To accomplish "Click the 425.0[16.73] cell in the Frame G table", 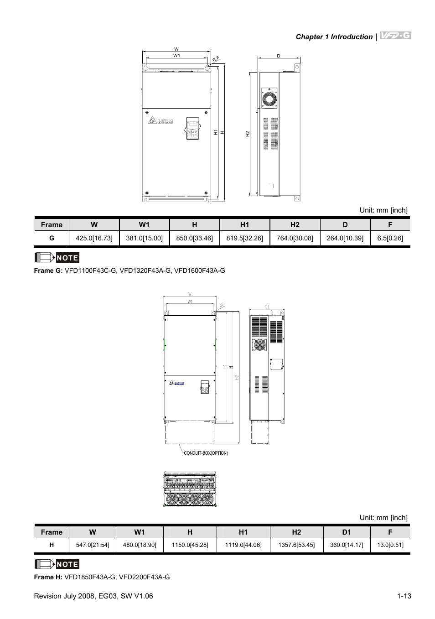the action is tap(94, 238).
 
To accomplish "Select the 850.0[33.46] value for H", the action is tap(194, 238).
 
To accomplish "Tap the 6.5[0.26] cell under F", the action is tap(390, 238).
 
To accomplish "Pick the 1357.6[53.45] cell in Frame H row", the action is tap(296, 545).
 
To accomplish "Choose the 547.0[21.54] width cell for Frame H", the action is tap(93, 545).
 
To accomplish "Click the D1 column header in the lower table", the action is tap(347, 532).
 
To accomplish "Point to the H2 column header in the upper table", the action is tap(295, 224).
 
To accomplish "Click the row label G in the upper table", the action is tap(52, 238).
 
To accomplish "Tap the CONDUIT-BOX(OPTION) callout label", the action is tap(206, 453).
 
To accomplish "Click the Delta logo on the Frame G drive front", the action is tap(161, 121).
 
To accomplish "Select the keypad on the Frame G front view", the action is tap(193, 129).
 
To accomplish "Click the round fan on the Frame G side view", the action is tap(269, 99).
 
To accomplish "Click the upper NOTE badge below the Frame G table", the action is tap(57, 258).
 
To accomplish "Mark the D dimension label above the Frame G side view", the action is tap(279, 56).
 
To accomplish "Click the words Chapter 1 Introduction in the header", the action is tap(334, 37).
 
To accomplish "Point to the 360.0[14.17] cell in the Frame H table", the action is tap(347, 545).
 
